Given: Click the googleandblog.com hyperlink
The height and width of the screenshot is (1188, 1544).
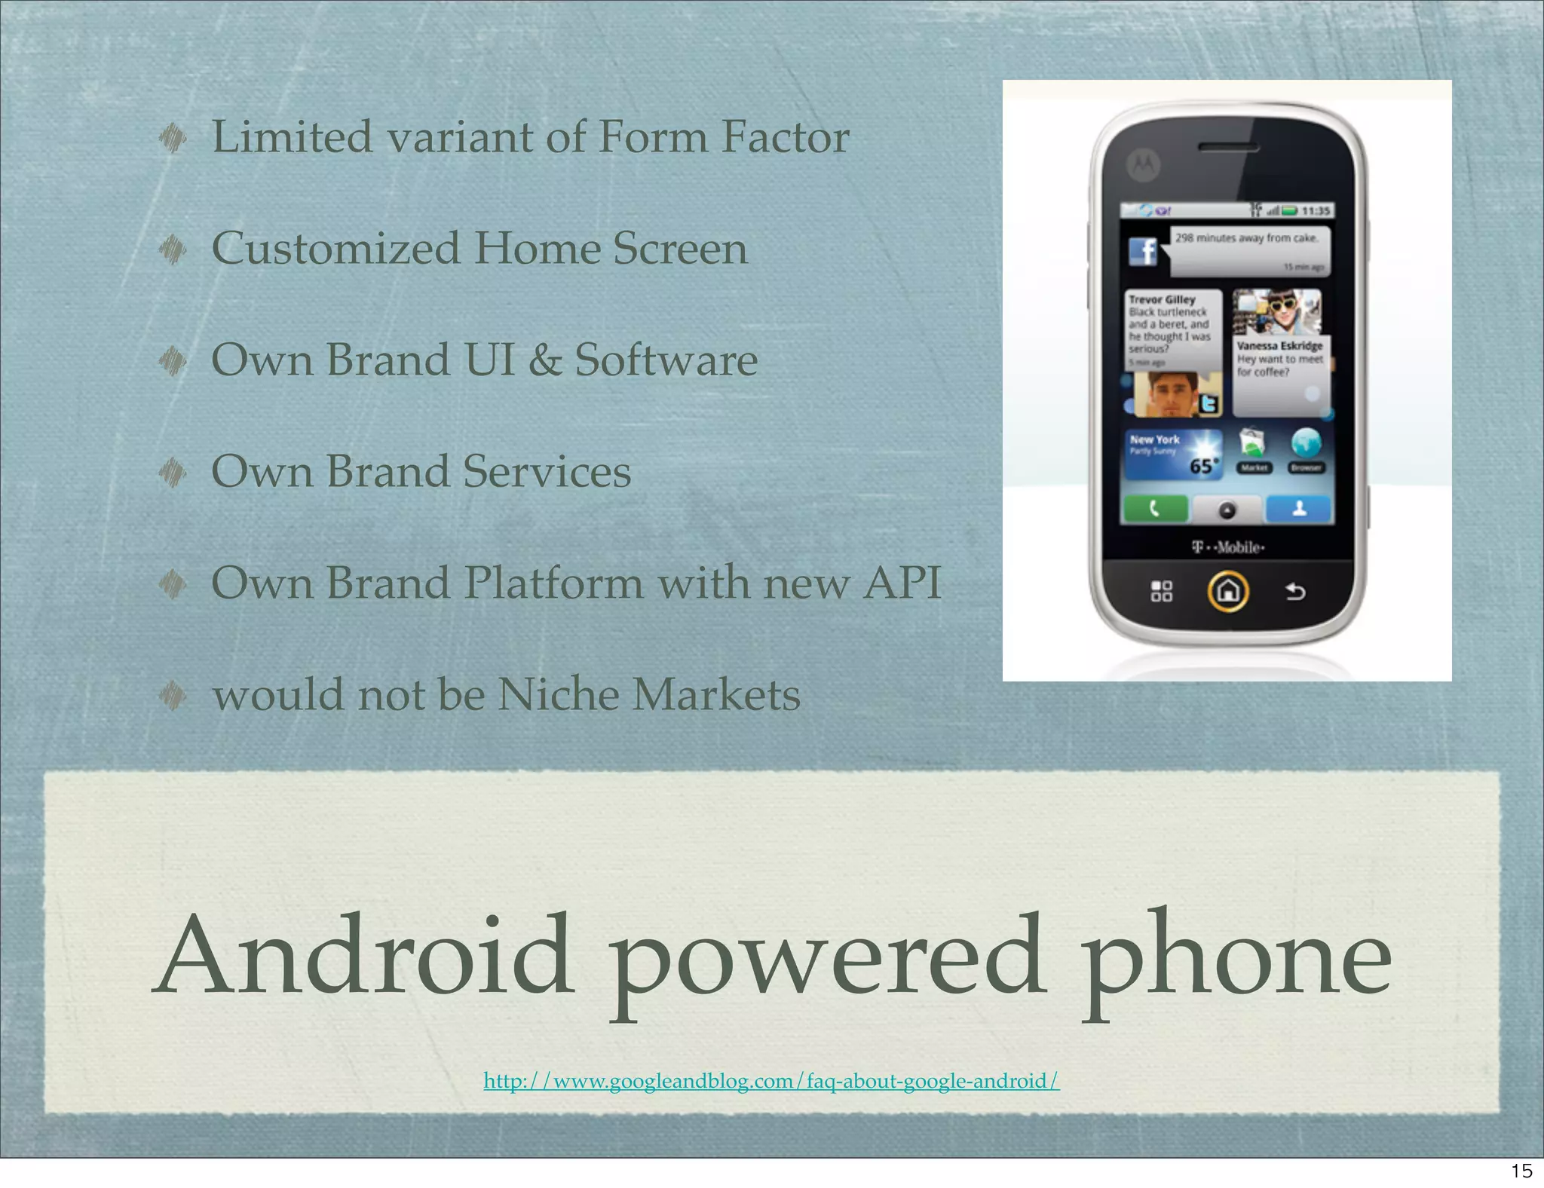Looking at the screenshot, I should [x=771, y=1081].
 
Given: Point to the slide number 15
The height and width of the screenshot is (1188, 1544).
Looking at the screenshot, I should [x=1521, y=1171].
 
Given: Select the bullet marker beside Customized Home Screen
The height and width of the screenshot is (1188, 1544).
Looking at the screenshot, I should [x=173, y=250].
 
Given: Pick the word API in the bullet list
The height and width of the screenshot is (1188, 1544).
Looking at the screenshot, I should [x=902, y=583].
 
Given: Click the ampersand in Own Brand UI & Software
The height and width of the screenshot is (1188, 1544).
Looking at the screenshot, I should [x=544, y=360].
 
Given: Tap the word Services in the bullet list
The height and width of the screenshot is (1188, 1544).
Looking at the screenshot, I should [x=547, y=472].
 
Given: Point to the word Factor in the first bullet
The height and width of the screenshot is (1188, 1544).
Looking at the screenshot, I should [x=785, y=137].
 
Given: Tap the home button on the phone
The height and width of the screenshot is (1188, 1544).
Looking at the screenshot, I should [x=1228, y=591].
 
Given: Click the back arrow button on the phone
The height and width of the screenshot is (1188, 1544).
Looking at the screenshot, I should [x=1295, y=592].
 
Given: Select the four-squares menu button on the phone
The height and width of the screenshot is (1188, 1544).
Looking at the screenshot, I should [x=1162, y=591].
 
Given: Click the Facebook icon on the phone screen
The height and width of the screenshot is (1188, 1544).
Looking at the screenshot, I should [x=1143, y=251].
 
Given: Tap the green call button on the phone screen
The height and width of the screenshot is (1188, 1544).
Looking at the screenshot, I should [x=1155, y=510].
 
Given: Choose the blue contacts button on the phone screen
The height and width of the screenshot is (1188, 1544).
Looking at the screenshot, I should [x=1299, y=510].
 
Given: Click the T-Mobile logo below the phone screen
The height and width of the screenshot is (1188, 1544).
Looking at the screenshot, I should [x=1228, y=547].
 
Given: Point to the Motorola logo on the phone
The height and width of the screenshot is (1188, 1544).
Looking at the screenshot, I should [x=1143, y=164].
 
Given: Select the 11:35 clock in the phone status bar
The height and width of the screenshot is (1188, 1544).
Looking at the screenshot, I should [x=1316, y=211].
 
